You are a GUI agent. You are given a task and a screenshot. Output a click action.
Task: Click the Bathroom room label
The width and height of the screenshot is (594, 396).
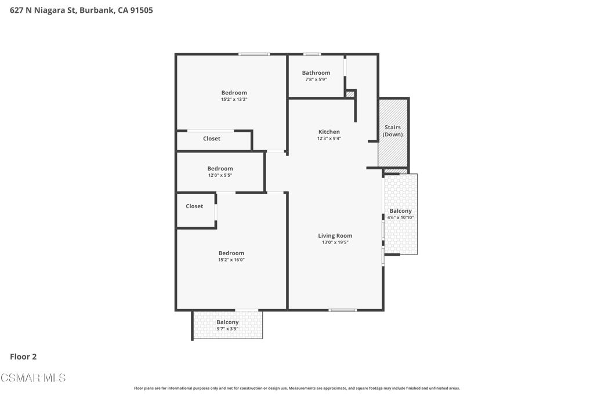click(316, 73)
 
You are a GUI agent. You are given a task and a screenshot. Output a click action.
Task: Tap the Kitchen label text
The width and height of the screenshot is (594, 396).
click(329, 132)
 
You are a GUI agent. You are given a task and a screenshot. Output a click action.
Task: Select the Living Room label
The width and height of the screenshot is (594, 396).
click(335, 235)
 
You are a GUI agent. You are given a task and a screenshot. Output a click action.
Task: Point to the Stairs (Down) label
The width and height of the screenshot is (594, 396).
click(393, 131)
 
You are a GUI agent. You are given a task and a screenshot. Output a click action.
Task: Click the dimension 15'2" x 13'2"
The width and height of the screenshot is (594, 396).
click(234, 100)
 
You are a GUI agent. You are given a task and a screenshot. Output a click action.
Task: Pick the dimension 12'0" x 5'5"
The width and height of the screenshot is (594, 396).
click(220, 175)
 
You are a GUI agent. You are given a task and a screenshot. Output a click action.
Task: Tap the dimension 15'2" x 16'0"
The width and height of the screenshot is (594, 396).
click(231, 260)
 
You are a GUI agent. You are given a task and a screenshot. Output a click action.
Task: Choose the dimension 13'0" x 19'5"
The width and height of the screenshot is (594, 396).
click(335, 242)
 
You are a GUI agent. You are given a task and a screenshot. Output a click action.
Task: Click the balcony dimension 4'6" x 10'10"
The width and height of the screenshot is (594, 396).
click(400, 217)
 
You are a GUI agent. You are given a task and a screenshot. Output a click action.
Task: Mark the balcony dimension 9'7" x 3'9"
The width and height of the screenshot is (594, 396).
click(227, 329)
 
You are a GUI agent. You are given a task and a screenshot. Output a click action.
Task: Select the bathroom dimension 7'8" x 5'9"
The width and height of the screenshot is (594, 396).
click(316, 79)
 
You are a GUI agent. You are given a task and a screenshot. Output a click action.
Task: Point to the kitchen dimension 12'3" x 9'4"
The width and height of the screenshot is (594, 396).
click(329, 139)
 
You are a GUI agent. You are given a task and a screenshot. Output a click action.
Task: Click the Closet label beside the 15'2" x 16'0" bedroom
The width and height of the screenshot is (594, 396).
click(194, 206)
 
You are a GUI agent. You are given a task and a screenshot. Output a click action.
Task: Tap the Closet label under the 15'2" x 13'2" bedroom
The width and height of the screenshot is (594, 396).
click(211, 139)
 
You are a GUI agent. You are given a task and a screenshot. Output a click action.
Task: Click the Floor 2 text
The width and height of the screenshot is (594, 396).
click(23, 357)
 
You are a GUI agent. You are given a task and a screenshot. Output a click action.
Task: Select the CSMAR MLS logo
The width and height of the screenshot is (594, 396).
click(33, 378)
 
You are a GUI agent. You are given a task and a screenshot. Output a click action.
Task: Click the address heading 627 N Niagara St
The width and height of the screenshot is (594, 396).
click(81, 10)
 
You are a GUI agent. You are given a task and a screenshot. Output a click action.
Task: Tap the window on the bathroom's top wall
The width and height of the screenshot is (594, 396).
click(312, 55)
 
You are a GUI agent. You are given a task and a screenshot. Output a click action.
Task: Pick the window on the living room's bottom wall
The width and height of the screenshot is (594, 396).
click(342, 310)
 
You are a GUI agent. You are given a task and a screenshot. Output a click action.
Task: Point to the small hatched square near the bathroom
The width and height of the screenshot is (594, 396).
click(350, 94)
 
